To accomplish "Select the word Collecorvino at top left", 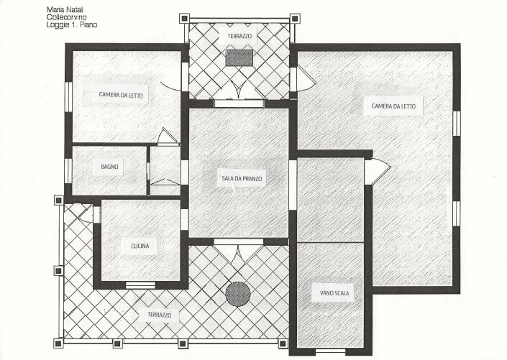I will pyautogui.click(x=64, y=17).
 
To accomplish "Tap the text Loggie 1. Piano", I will pyautogui.click(x=70, y=24).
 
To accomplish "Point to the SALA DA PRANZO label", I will pyautogui.click(x=241, y=178).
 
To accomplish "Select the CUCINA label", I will pyautogui.click(x=140, y=246).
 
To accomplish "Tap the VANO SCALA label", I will pyautogui.click(x=331, y=292).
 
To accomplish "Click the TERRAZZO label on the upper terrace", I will pyautogui.click(x=239, y=35).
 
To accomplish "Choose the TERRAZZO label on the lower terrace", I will pyautogui.click(x=160, y=315).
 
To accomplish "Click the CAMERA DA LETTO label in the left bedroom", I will pyautogui.click(x=121, y=95).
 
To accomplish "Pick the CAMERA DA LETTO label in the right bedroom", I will pyautogui.click(x=393, y=106).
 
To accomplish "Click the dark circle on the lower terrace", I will pyautogui.click(x=238, y=293).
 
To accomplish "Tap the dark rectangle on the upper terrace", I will pyautogui.click(x=239, y=58).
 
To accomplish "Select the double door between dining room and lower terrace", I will pyautogui.click(x=238, y=251).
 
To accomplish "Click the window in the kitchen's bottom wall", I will pyautogui.click(x=140, y=285).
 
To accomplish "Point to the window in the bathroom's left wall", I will pyautogui.click(x=68, y=170).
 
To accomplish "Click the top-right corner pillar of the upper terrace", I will pyautogui.click(x=294, y=18).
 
